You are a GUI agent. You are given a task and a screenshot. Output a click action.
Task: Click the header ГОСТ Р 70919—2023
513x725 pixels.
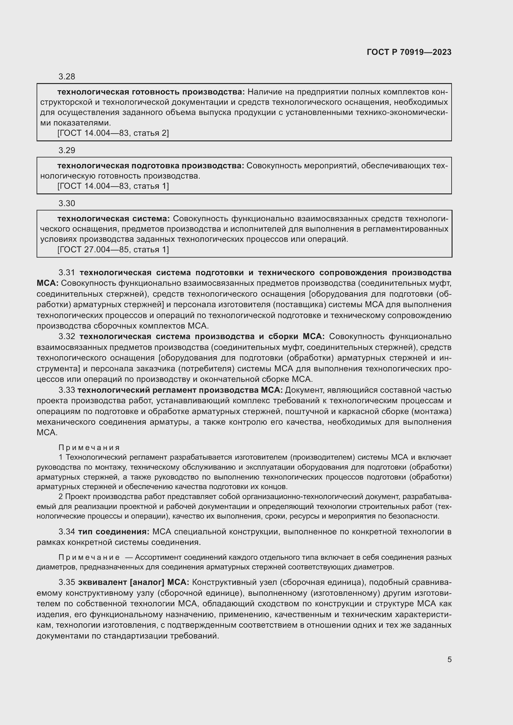409,52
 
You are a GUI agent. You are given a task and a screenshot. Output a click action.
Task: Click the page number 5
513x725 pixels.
449,659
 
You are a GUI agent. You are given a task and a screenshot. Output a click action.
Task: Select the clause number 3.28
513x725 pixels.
67,77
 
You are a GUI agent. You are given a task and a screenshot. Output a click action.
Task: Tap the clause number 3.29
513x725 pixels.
67,150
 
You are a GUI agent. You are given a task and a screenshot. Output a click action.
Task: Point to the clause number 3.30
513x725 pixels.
67,203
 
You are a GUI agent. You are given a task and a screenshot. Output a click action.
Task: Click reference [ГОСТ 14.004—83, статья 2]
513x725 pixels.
113,133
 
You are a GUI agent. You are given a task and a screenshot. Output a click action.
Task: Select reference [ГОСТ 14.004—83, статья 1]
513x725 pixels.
113,186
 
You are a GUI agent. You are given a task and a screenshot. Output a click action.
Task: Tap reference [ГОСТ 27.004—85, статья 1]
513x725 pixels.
113,250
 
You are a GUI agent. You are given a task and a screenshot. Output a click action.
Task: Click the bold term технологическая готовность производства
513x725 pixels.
151,92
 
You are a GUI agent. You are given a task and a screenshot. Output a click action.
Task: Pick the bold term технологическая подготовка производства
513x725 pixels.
150,166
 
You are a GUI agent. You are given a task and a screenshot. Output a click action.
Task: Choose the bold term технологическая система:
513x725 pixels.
114,219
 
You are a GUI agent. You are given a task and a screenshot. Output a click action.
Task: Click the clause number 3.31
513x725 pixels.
67,272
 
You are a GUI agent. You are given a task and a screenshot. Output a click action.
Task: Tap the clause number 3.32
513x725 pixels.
67,336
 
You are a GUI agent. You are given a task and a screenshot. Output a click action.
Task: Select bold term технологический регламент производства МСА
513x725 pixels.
180,390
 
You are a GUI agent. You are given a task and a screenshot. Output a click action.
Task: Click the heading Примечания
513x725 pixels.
89,448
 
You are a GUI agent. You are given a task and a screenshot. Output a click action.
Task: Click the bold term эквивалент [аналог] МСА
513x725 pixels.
133,582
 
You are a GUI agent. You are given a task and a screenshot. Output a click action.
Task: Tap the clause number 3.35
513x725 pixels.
67,582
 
